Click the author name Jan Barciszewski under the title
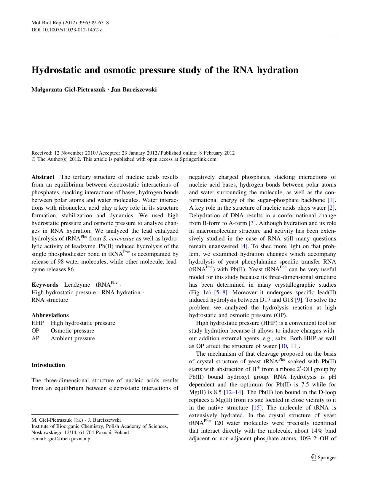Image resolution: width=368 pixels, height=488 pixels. pyautogui.click(x=134, y=90)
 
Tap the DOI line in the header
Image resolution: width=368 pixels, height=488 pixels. pyautogui.click(x=67, y=30)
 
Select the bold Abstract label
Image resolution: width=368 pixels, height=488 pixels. pyautogui.click(x=43, y=177)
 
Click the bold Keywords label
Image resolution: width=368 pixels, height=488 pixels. pyautogui.click(x=45, y=285)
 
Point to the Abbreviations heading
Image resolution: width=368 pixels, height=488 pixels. pyautogui.click(x=50, y=315)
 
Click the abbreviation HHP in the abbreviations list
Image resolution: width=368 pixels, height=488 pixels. pyautogui.click(x=37, y=323)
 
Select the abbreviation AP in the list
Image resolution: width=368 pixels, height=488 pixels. pyautogui.click(x=35, y=338)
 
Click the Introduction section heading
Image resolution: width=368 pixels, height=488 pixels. pyautogui.click(x=48, y=365)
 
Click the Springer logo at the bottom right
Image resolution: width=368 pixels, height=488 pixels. pyautogui.click(x=324, y=457)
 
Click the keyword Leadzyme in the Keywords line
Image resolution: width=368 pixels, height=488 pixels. pyautogui.click(x=77, y=285)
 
